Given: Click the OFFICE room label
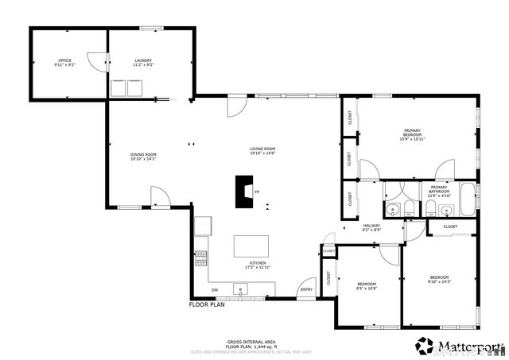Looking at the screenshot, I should (x=64, y=63).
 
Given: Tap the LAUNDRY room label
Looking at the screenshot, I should (x=143, y=63).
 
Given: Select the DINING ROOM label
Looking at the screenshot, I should (x=143, y=157).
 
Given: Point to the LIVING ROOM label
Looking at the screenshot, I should (x=262, y=151).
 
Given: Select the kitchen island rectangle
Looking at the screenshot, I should (x=253, y=246).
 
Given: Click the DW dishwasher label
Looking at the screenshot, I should (x=215, y=289).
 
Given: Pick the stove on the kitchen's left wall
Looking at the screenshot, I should (x=200, y=257).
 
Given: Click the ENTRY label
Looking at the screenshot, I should (x=306, y=289).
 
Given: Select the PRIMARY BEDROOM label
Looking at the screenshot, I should (x=412, y=133).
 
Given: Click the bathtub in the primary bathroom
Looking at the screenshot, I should (x=468, y=199).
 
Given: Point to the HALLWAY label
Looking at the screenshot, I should (x=371, y=227).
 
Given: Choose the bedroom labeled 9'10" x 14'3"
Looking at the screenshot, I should (x=439, y=279).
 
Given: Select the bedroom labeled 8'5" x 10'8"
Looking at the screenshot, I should (x=367, y=286).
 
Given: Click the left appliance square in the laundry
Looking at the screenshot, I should (x=119, y=87).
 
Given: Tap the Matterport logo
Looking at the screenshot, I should (x=460, y=346).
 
